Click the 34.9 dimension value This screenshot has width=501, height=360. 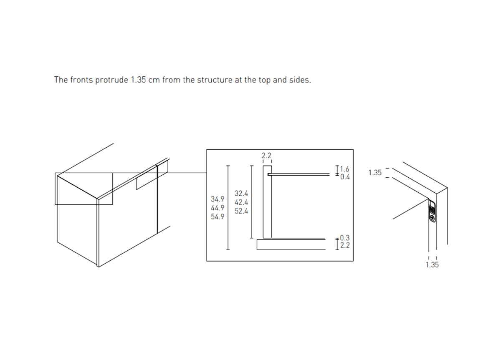218,199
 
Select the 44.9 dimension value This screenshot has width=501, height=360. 218,208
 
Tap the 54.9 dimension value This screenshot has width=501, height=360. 218,217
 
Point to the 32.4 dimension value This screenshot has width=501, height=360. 241,193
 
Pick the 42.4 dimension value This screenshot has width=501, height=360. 241,202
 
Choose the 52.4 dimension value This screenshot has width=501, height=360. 241,211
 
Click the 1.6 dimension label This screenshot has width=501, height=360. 345,169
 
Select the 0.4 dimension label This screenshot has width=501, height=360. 345,177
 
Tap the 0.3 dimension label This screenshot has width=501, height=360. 345,238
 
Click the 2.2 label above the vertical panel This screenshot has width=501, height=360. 266,155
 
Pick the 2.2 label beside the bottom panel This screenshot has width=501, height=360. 345,245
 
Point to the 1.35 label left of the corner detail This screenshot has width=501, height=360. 375,173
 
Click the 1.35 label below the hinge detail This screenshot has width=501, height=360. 432,265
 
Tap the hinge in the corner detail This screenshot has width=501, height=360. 432,211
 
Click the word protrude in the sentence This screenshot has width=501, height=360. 111,80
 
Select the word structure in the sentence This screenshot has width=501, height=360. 215,80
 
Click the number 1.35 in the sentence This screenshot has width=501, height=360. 139,80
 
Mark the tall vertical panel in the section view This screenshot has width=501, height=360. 267,202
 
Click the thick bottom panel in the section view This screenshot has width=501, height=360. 291,245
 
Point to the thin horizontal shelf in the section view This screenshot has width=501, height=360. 299,174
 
